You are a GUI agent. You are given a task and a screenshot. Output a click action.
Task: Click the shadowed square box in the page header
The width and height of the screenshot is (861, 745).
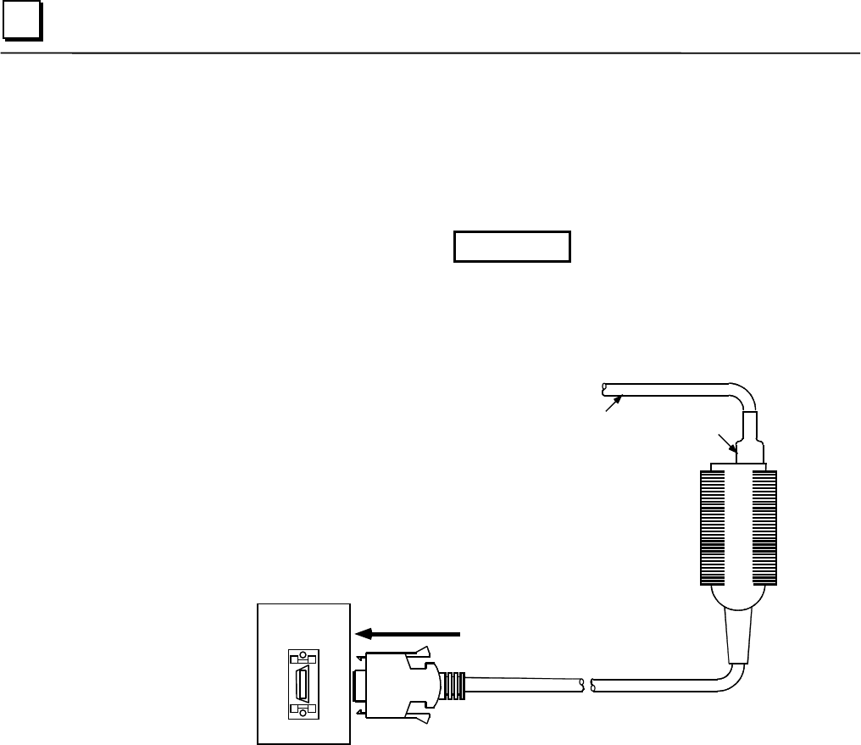(22, 25)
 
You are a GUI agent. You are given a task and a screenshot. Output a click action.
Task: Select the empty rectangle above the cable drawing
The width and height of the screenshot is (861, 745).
(512, 246)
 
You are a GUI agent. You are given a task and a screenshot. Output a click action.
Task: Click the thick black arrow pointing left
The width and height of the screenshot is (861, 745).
(407, 632)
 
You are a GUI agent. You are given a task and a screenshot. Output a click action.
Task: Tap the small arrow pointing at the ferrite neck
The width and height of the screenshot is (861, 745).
(725, 442)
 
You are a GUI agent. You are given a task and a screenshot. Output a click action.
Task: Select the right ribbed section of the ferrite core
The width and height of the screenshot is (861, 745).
(764, 526)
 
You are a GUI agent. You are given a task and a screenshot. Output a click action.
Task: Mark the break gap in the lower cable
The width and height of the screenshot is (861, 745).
(586, 683)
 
